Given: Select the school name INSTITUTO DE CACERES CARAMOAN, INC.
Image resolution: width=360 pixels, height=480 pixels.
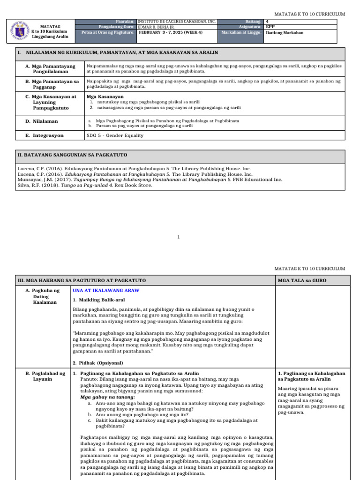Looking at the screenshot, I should (x=176, y=22).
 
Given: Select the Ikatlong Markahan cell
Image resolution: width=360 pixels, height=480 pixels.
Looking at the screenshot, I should (x=285, y=33).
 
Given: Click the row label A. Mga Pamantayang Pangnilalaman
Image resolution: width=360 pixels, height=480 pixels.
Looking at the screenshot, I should (x=46, y=69).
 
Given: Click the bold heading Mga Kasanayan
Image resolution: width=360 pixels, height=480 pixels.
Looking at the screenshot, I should (x=102, y=96).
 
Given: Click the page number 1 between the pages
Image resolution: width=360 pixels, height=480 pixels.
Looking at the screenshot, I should (x=179, y=237).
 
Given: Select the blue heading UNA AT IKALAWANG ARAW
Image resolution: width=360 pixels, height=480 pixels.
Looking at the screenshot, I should (x=106, y=291).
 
